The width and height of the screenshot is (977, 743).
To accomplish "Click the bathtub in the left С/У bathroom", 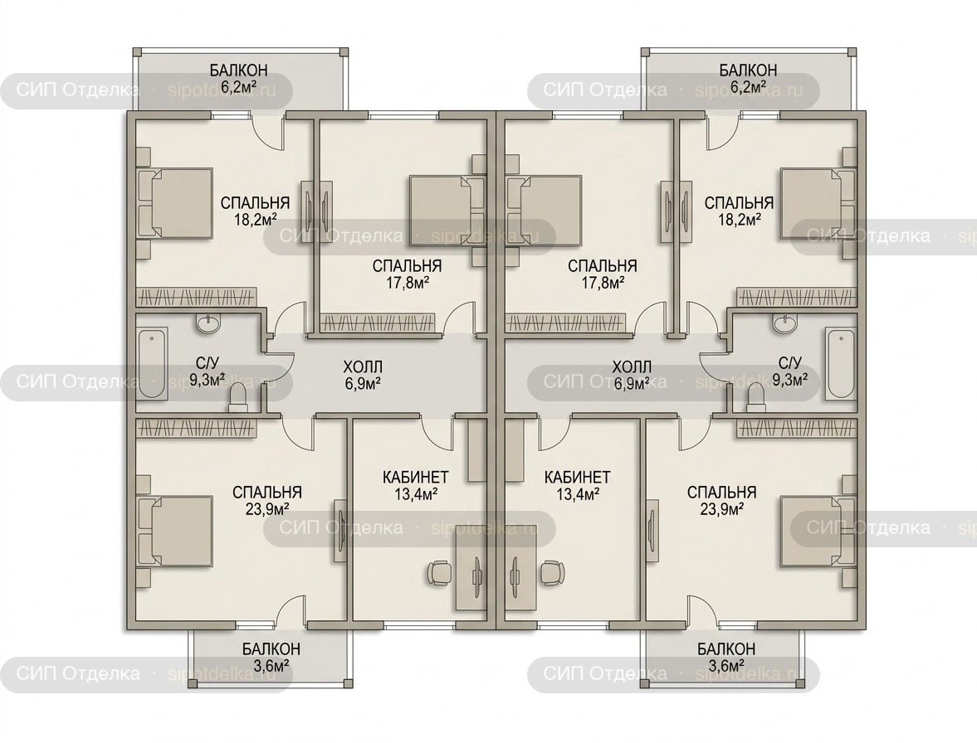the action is point(153,363).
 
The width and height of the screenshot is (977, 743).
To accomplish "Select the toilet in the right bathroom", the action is point(755,398).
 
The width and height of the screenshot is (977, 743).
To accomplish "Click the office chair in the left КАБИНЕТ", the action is point(438,572).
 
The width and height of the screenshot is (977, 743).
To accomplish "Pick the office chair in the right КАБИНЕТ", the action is point(552,572).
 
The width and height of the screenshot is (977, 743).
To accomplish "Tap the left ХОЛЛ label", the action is point(364,367).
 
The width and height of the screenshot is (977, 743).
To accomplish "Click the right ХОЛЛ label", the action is point(632,367).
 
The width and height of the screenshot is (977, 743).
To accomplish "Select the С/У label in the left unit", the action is point(206,362).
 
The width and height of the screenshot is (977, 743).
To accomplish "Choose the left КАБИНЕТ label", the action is point(416,478).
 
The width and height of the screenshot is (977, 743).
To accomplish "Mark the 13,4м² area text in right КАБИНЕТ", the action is point(578,494).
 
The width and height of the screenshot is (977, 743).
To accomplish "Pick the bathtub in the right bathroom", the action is point(841,363).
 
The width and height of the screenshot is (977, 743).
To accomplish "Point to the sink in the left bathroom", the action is point(208,323).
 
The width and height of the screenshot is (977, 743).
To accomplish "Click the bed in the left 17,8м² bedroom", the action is point(446,212).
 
